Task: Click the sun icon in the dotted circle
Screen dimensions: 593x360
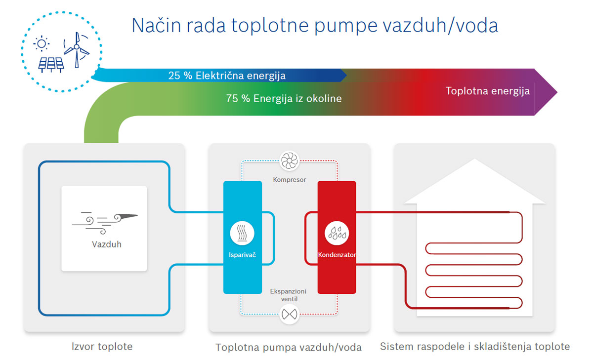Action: click(42, 43)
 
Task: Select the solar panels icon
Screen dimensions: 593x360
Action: click(51, 65)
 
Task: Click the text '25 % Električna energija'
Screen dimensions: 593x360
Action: click(227, 76)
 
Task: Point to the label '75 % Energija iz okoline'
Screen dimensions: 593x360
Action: click(284, 99)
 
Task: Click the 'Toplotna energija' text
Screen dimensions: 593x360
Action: click(488, 91)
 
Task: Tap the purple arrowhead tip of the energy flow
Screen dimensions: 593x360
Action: click(557, 92)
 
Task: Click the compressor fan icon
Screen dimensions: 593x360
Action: click(290, 160)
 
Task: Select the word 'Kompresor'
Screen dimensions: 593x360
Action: click(290, 180)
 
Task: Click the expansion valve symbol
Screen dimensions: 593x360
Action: click(290, 314)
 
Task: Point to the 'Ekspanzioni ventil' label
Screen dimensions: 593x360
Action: click(288, 295)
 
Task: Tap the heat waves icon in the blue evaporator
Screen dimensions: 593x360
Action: click(242, 233)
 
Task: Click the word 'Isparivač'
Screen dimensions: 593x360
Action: click(242, 255)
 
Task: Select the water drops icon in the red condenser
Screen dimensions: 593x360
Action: click(337, 233)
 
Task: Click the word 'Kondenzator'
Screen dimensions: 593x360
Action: click(337, 255)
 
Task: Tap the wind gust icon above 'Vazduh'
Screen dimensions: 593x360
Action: click(105, 223)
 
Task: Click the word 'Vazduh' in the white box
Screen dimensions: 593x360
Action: click(107, 244)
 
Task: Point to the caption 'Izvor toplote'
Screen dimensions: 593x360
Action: click(102, 347)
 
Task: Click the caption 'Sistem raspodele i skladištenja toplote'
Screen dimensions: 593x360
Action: click(475, 347)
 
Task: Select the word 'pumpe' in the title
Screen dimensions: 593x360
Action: click(346, 26)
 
